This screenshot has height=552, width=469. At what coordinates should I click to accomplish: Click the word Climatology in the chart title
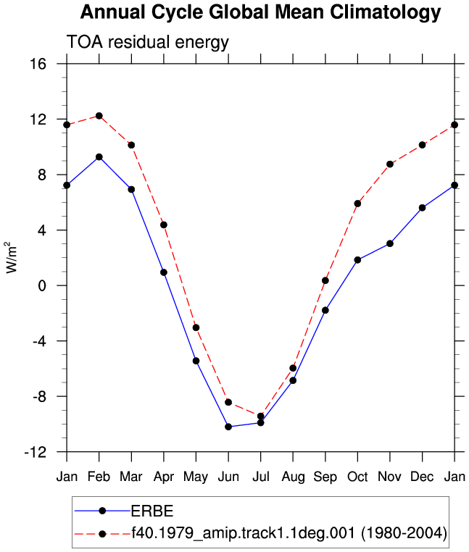(386, 12)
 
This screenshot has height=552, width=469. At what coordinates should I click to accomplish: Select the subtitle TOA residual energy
(148, 42)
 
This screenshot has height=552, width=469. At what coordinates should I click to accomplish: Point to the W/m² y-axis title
(11, 257)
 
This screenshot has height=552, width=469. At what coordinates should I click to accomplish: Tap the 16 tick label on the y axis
(38, 64)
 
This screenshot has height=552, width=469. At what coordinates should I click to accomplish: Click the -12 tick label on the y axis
(36, 452)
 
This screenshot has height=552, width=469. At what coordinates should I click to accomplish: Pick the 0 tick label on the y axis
(42, 285)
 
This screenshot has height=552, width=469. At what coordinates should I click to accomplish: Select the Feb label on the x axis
(99, 477)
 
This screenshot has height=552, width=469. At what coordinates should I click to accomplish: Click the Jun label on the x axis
(228, 477)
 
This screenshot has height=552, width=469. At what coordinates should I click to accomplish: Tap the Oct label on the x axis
(357, 477)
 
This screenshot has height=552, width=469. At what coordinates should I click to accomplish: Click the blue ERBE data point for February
(99, 157)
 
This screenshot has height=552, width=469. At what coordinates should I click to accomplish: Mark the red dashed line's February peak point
(99, 116)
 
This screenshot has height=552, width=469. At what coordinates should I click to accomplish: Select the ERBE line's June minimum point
(228, 427)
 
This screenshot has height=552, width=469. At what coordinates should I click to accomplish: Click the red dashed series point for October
(357, 204)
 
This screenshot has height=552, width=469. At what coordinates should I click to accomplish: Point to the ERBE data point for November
(390, 243)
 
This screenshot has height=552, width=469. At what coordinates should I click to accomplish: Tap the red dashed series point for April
(164, 225)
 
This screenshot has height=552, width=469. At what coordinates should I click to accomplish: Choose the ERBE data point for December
(422, 208)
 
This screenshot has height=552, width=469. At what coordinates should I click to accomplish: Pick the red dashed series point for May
(196, 327)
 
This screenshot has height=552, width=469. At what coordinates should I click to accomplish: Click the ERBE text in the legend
(152, 511)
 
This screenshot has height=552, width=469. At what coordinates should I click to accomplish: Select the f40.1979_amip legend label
(289, 533)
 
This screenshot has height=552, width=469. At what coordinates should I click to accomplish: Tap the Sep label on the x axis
(325, 477)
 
